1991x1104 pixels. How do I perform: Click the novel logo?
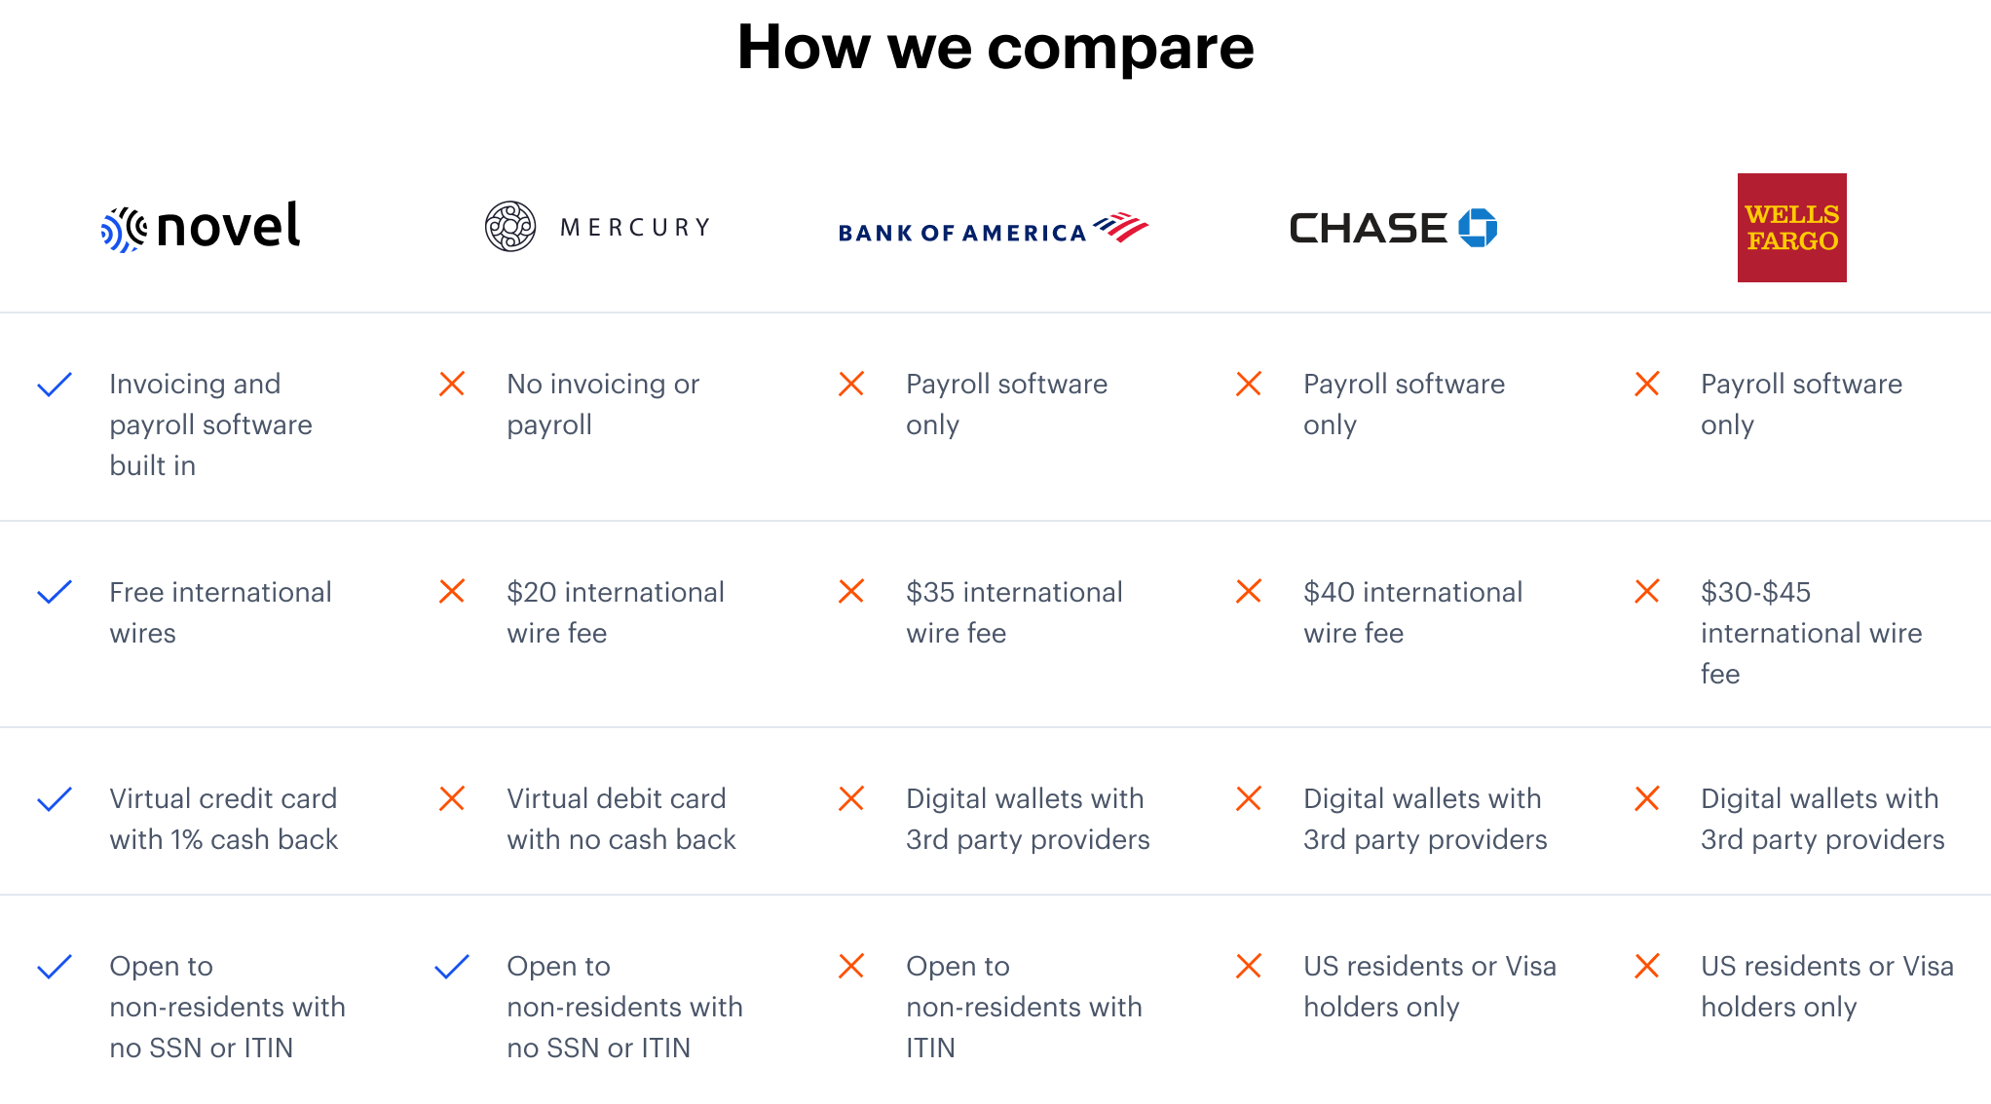pyautogui.click(x=201, y=228)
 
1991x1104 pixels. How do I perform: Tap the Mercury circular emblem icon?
pyautogui.click(x=510, y=227)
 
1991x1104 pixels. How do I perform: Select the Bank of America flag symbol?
pyautogui.click(x=1121, y=228)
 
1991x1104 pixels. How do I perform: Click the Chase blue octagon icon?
pyautogui.click(x=1478, y=228)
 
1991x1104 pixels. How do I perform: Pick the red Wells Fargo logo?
pyautogui.click(x=1792, y=228)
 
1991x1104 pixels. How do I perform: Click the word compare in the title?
pyautogui.click(x=1120, y=48)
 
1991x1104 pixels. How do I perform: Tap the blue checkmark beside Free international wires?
pyautogui.click(x=55, y=592)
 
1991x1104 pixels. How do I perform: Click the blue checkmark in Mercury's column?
pyautogui.click(x=452, y=966)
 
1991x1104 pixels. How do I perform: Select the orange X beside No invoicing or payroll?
pyautogui.click(x=452, y=384)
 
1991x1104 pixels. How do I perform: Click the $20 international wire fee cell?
pyautogui.click(x=616, y=612)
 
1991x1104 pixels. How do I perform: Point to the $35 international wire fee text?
pyautogui.click(x=1014, y=612)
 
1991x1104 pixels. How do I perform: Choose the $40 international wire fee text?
pyautogui.click(x=1412, y=612)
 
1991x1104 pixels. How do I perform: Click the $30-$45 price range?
pyautogui.click(x=1755, y=592)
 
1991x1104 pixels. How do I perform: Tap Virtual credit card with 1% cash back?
pyautogui.click(x=223, y=819)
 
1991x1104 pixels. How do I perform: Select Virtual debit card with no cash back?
pyautogui.click(x=621, y=819)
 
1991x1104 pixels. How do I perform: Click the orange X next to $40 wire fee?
pyautogui.click(x=1249, y=591)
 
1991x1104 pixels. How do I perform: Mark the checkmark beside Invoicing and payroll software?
pyautogui.click(x=55, y=385)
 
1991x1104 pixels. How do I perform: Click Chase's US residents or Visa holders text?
pyautogui.click(x=1430, y=986)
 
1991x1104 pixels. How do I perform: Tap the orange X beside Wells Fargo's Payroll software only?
pyautogui.click(x=1647, y=384)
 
